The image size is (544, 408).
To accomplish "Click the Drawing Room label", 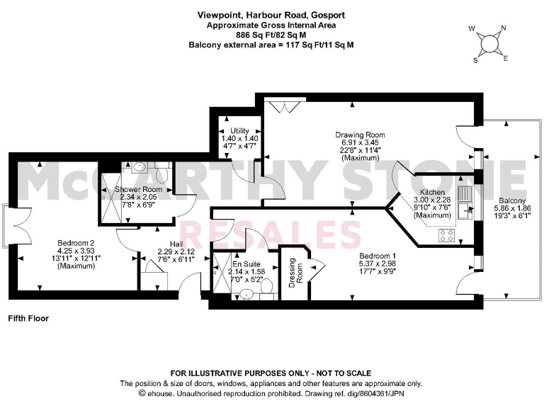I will point(360,135).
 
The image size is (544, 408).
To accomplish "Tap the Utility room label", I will point(239,132).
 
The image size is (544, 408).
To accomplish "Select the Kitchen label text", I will point(432,192).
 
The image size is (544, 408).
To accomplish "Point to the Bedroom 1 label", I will point(375,255).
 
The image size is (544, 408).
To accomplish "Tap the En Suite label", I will point(247,263).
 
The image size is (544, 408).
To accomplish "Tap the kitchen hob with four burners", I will point(447,234).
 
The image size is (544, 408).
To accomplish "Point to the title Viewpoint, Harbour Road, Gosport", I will point(271,14).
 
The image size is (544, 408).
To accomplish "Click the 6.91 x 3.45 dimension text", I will point(360,142).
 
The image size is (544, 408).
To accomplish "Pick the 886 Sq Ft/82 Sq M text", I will point(271,34).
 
